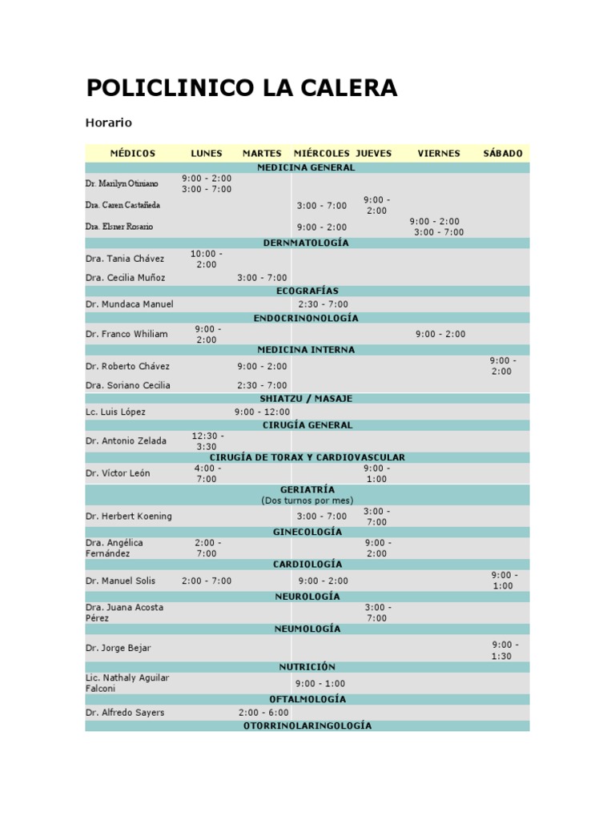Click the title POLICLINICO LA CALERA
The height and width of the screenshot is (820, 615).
tap(241, 88)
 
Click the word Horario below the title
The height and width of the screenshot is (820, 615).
tap(108, 123)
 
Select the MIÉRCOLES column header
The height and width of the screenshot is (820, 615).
tap(322, 153)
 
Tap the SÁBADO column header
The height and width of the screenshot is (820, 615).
tap(503, 153)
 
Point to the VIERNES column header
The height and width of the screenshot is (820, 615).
tap(439, 153)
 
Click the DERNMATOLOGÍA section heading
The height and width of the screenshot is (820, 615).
tap(306, 242)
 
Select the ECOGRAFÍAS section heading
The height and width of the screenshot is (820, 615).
tap(307, 291)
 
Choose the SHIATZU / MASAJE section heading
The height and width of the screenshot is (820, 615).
tap(306, 398)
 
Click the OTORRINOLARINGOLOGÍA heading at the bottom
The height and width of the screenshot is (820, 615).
tap(307, 726)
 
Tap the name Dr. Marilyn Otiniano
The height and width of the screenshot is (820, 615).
tap(122, 183)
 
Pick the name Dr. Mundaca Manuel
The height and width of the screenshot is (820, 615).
tap(129, 304)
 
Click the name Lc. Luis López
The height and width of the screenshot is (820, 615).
tap(115, 412)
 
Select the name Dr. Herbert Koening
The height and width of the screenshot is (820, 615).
tap(128, 517)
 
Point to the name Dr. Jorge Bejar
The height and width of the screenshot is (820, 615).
tap(118, 648)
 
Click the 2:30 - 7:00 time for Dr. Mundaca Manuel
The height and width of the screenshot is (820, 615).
tap(323, 304)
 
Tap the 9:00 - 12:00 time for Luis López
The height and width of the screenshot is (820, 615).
tap(262, 412)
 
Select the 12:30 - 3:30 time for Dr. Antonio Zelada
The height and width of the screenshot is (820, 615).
tap(207, 441)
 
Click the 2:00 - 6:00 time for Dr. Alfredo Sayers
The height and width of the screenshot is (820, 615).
tap(263, 712)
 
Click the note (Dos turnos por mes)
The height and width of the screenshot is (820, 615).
tap(307, 500)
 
